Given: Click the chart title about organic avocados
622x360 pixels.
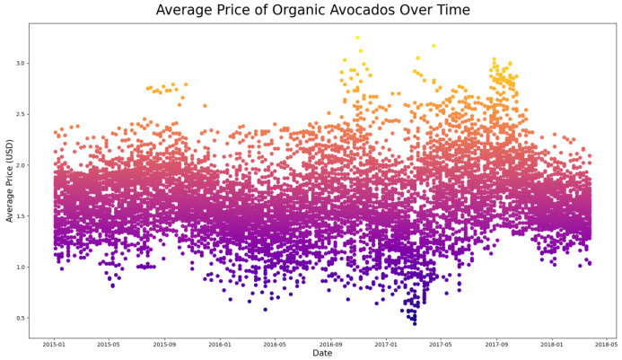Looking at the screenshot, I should [312, 11].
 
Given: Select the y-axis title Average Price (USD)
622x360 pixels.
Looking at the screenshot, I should [10, 181].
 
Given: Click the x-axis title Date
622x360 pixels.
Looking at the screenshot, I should [323, 354].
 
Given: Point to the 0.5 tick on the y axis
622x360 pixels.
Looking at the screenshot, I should [21, 318].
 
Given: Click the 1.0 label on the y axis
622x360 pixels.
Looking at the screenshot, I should [21, 268].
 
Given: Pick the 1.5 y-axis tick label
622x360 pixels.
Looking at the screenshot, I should [21, 216].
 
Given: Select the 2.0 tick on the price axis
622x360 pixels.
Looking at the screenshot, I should [21, 165].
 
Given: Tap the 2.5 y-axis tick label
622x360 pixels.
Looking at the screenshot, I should [21, 114].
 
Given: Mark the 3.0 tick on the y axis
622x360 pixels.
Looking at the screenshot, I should [21, 63].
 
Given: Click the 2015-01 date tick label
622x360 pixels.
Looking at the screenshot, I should [54, 344].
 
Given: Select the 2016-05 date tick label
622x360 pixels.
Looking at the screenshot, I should [276, 344].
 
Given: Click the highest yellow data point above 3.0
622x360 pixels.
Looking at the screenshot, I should [356, 38].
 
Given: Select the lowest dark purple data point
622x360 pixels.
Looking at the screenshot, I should [415, 323].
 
